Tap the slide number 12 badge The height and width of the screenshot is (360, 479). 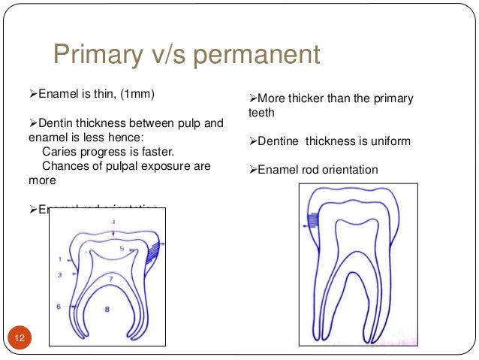[19, 339]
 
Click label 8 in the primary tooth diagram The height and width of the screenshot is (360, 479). [107, 308]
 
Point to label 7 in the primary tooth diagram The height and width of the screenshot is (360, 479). [110, 279]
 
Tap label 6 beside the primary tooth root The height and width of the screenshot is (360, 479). [58, 307]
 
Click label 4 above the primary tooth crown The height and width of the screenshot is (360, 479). [113, 222]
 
